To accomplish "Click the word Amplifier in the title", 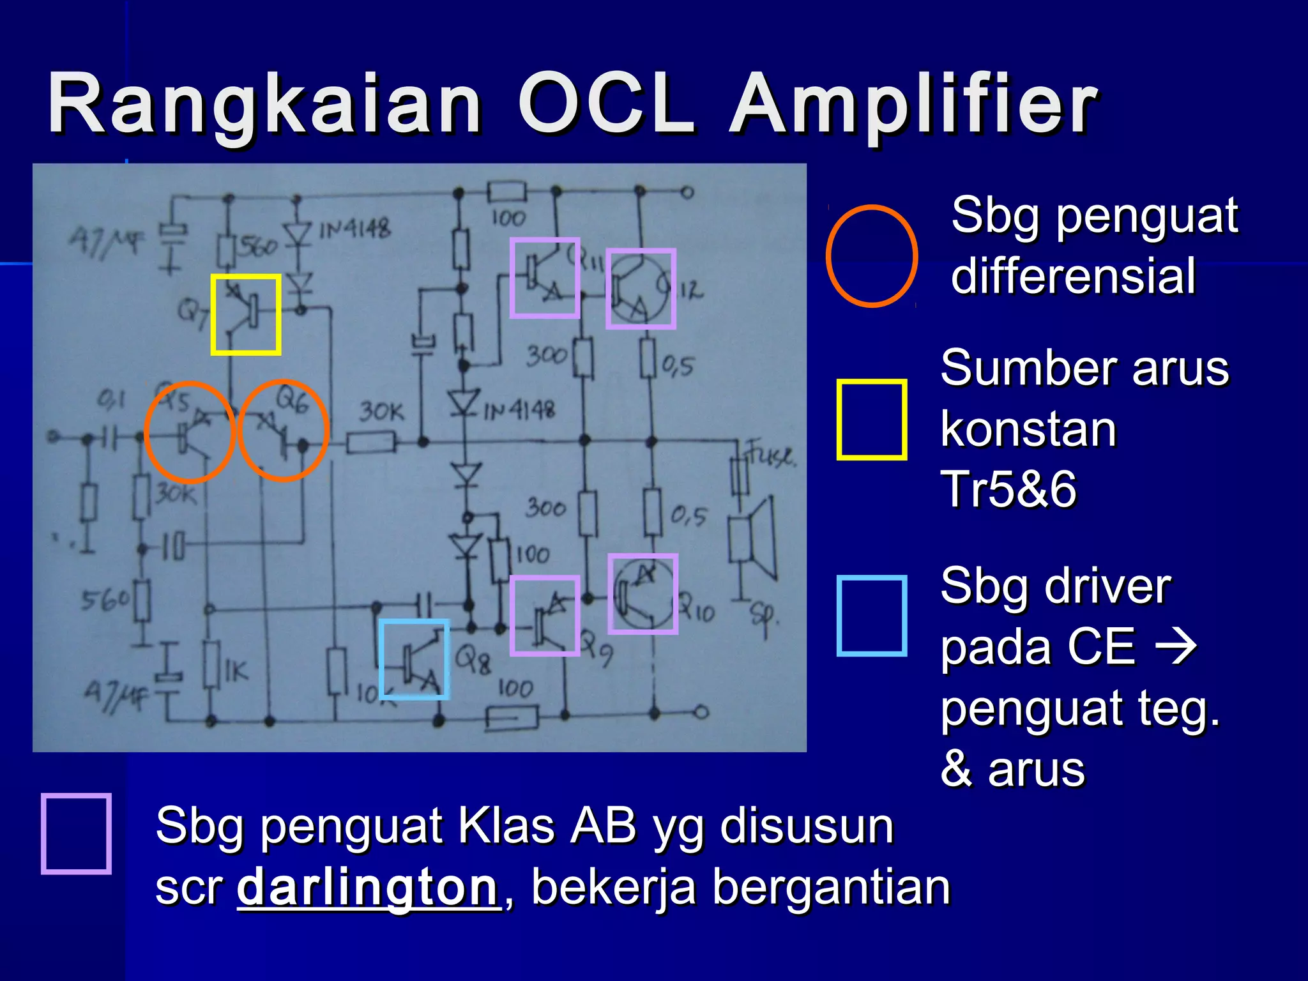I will pyautogui.click(x=913, y=103).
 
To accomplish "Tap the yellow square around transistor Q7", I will pyautogui.click(x=246, y=315).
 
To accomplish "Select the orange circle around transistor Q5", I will pyautogui.click(x=189, y=431).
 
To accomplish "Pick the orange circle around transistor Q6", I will pyautogui.click(x=284, y=431).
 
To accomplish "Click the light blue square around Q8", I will pyautogui.click(x=414, y=658).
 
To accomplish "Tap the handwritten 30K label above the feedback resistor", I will pyautogui.click(x=381, y=412).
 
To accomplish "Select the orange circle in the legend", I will pyautogui.click(x=872, y=255).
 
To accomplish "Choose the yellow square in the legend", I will pyautogui.click(x=872, y=420).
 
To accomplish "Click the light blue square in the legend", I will pyautogui.click(x=872, y=616).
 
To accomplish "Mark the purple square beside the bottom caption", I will pyautogui.click(x=76, y=833).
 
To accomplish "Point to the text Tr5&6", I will pyautogui.click(x=1008, y=489).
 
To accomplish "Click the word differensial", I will pyautogui.click(x=1073, y=276).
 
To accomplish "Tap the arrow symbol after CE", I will pyautogui.click(x=1175, y=646).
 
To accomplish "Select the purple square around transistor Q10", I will pyautogui.click(x=643, y=594).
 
